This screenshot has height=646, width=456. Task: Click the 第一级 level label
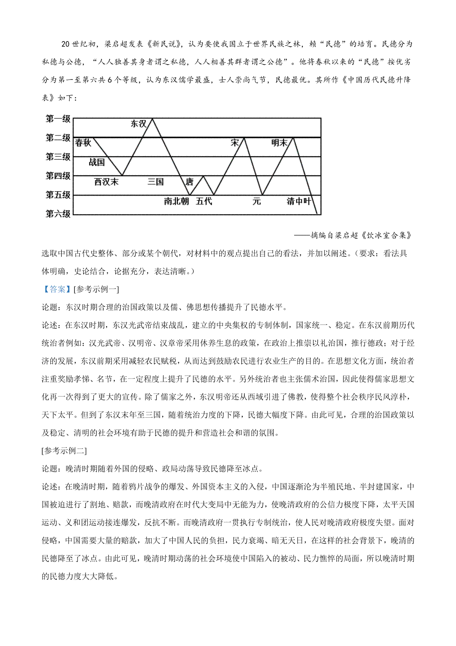point(58,119)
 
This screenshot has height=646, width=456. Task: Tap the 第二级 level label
point(58,138)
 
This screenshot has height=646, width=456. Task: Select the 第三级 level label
point(58,157)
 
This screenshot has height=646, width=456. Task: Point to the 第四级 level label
point(58,176)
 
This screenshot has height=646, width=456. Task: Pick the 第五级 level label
point(58,195)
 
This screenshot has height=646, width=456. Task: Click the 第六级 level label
point(58,214)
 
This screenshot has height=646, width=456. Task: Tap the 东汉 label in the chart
point(139,124)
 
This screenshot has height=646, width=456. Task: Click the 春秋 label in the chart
point(83,143)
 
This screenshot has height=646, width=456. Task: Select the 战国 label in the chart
point(97,162)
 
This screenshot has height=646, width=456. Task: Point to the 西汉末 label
point(106,182)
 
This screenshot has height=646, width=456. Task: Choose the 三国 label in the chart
point(156,182)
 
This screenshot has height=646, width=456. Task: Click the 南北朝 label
point(176,201)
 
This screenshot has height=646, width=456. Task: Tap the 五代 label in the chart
point(204,201)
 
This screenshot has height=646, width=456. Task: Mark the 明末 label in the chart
point(279,143)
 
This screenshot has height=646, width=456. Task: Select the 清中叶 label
point(299,201)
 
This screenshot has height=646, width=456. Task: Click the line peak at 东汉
point(152,119)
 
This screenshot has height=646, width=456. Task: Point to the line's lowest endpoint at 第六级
point(317,214)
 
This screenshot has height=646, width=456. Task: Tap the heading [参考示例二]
point(64,451)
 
